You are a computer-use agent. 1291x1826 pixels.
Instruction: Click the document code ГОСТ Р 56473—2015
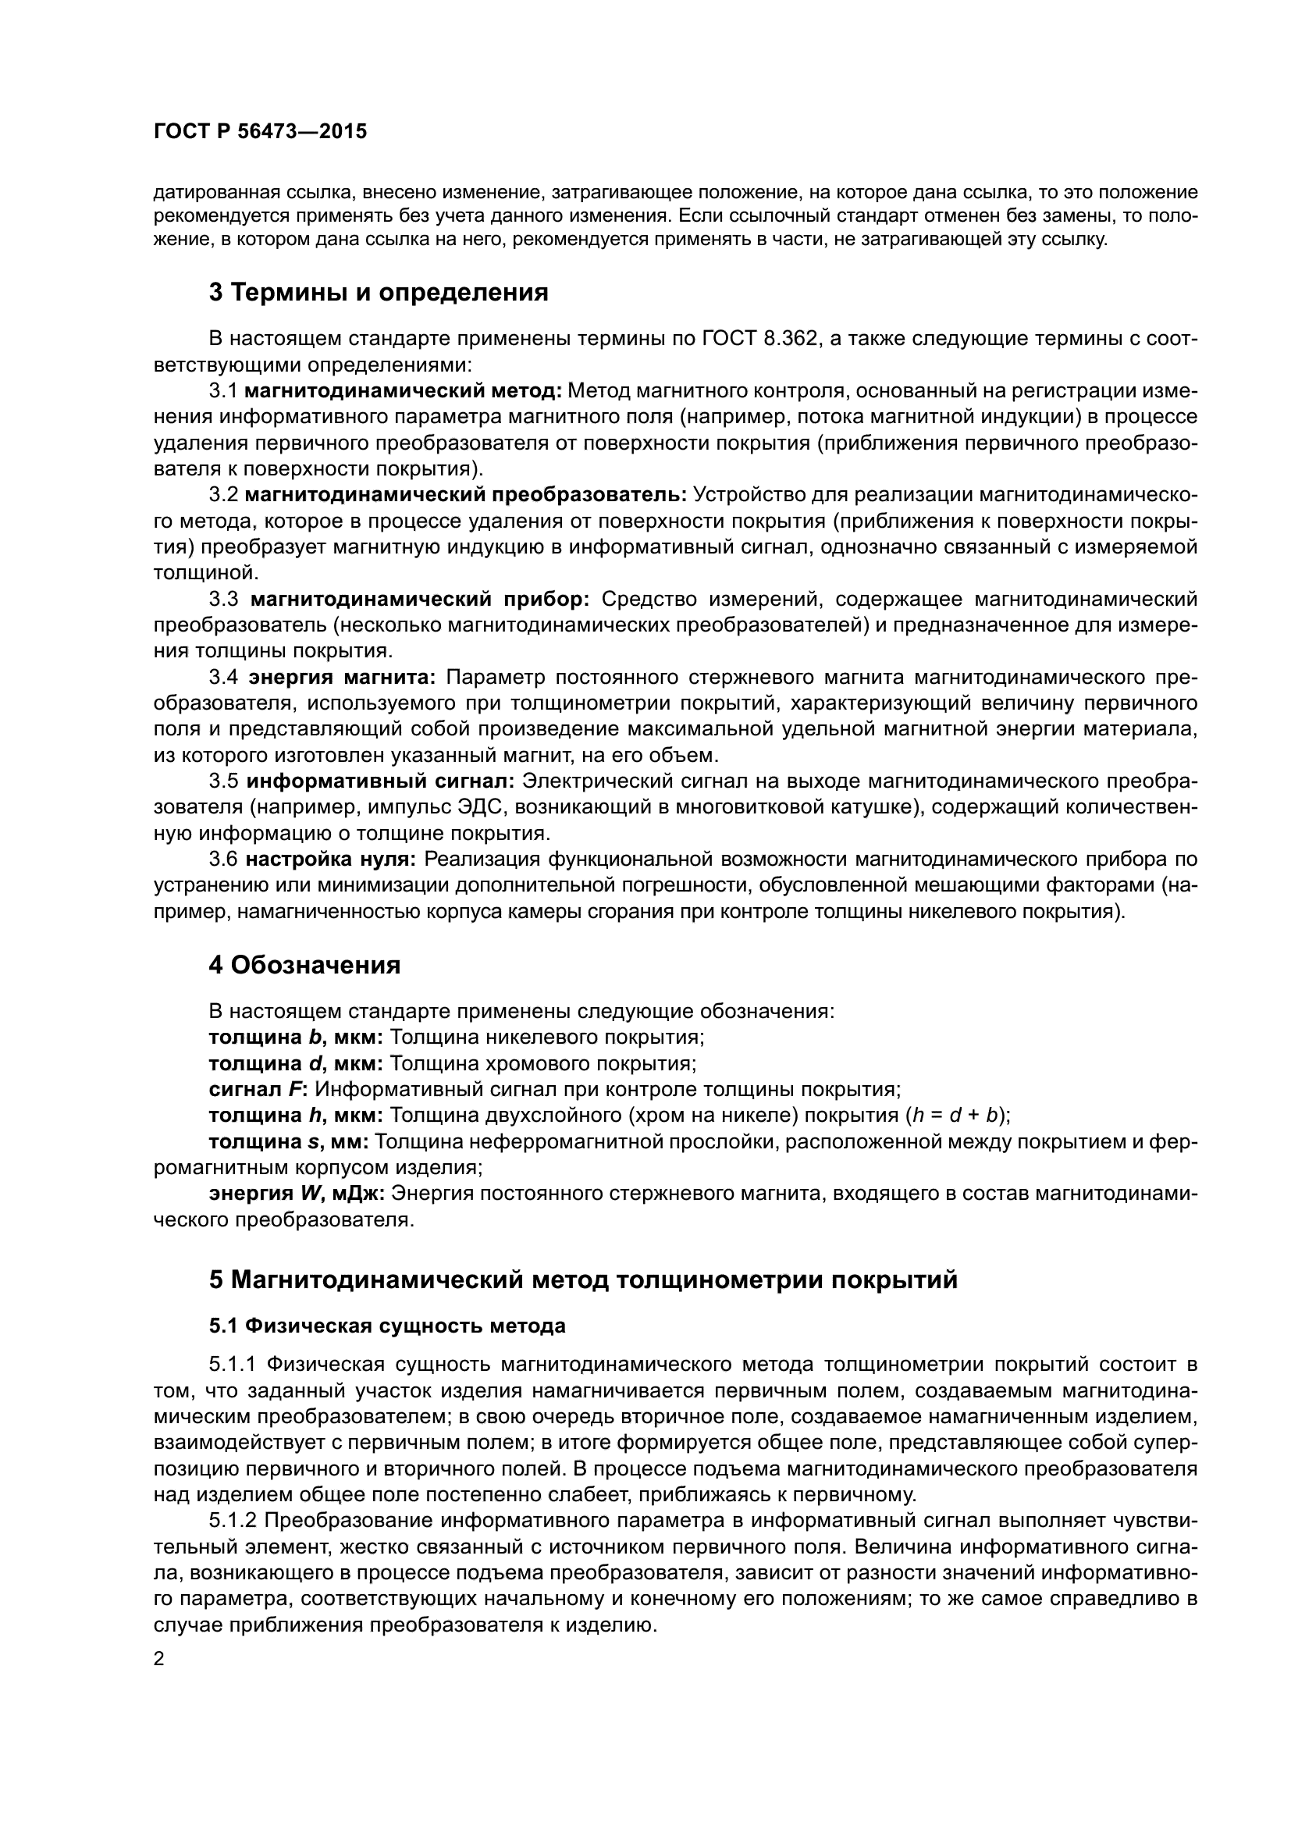[260, 132]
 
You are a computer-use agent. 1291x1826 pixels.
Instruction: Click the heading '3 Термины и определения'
[379, 293]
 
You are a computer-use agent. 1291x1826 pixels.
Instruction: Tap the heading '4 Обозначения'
[304, 966]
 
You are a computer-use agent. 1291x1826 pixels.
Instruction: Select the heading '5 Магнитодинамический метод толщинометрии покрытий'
[584, 1280]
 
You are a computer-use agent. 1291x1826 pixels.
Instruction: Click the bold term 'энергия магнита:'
[342, 677]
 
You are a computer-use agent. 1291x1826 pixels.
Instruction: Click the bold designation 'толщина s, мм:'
[288, 1142]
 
